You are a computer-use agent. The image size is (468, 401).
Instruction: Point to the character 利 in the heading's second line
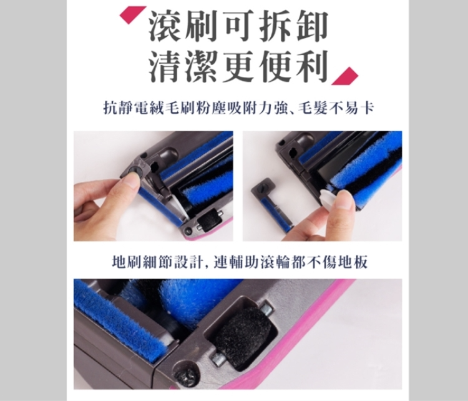[x=311, y=66]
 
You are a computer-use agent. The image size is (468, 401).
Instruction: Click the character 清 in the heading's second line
[x=165, y=66]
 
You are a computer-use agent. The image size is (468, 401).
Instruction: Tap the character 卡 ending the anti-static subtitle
[x=367, y=108]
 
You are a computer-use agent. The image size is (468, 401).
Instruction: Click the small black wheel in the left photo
[x=207, y=221]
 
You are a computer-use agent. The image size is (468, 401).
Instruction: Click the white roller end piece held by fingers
[x=327, y=198]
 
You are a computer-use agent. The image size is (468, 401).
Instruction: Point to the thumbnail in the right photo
[x=346, y=199]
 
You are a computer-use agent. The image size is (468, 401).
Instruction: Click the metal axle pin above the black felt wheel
[x=266, y=310]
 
